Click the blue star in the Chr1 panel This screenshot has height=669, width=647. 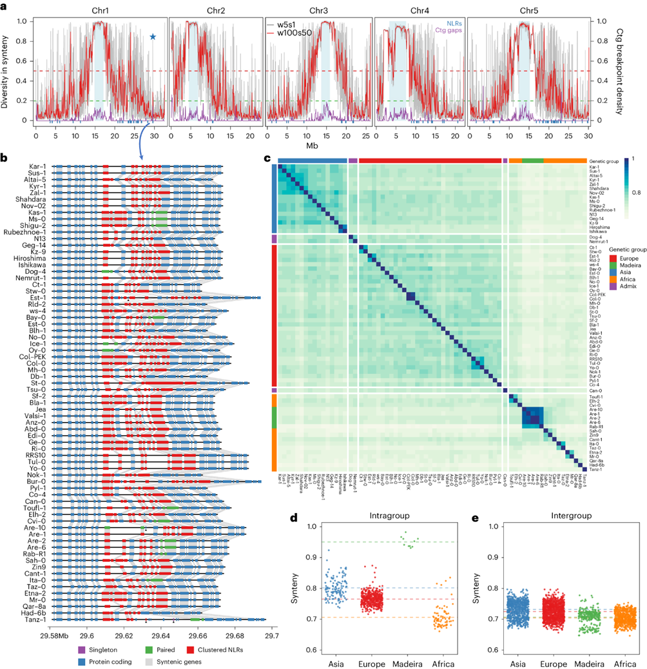click(153, 37)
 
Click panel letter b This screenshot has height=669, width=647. click(5, 157)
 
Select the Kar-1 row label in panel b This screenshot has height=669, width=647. click(36, 167)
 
